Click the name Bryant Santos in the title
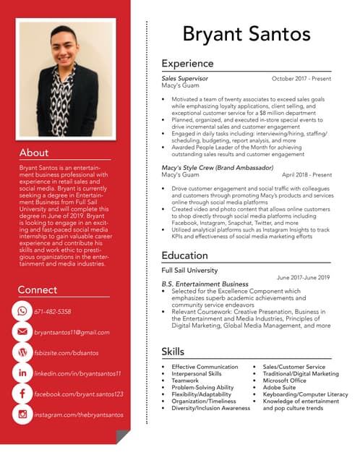click(x=247, y=34)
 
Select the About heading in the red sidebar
click(x=34, y=153)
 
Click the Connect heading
click(x=38, y=290)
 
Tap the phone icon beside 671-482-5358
click(x=22, y=311)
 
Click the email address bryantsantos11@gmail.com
click(x=72, y=332)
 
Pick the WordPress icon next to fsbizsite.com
click(x=22, y=352)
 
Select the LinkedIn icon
click(x=22, y=373)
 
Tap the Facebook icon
click(x=22, y=394)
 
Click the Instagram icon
click(x=22, y=415)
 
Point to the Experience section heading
click(x=187, y=64)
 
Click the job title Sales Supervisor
click(x=184, y=77)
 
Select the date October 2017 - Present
click(x=301, y=77)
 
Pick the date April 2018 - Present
click(x=307, y=174)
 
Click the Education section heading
click(x=184, y=255)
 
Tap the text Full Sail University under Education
click(x=189, y=270)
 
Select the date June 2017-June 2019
click(x=304, y=277)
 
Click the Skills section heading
click(x=173, y=352)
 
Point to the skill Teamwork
click(x=185, y=381)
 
